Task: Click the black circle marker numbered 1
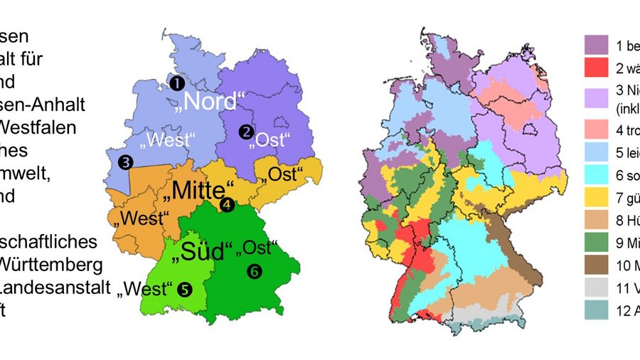175,83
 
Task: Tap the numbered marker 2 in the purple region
246,132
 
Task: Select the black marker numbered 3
126,162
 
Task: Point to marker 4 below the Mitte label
226,206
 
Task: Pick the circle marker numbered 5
185,289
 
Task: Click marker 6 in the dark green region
254,270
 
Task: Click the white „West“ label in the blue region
167,139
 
